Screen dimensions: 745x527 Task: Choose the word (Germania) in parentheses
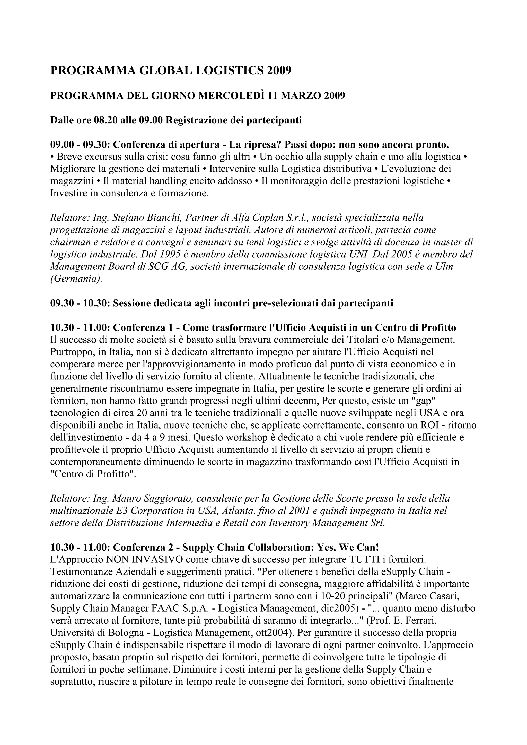point(76,279)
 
